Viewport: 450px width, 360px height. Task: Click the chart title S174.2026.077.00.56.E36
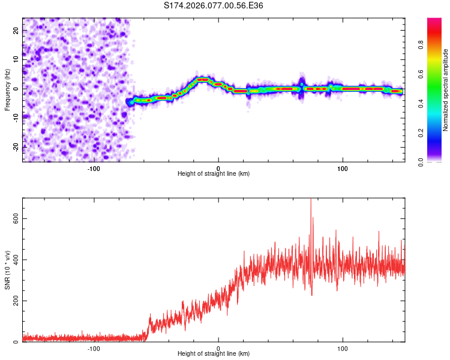click(x=214, y=5)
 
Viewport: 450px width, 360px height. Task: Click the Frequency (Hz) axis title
click(x=7, y=89)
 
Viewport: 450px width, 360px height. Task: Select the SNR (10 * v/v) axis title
click(x=7, y=269)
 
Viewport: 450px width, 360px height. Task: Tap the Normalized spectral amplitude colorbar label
click(x=445, y=90)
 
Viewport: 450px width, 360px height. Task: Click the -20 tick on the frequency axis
click(x=15, y=146)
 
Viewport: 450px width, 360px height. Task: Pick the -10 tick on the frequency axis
click(x=15, y=118)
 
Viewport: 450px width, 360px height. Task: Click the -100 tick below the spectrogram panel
click(x=94, y=168)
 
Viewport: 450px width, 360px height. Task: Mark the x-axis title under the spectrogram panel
click(x=214, y=174)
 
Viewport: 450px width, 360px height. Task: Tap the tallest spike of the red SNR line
click(x=311, y=200)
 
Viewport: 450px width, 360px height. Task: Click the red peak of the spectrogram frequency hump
click(x=202, y=79)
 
